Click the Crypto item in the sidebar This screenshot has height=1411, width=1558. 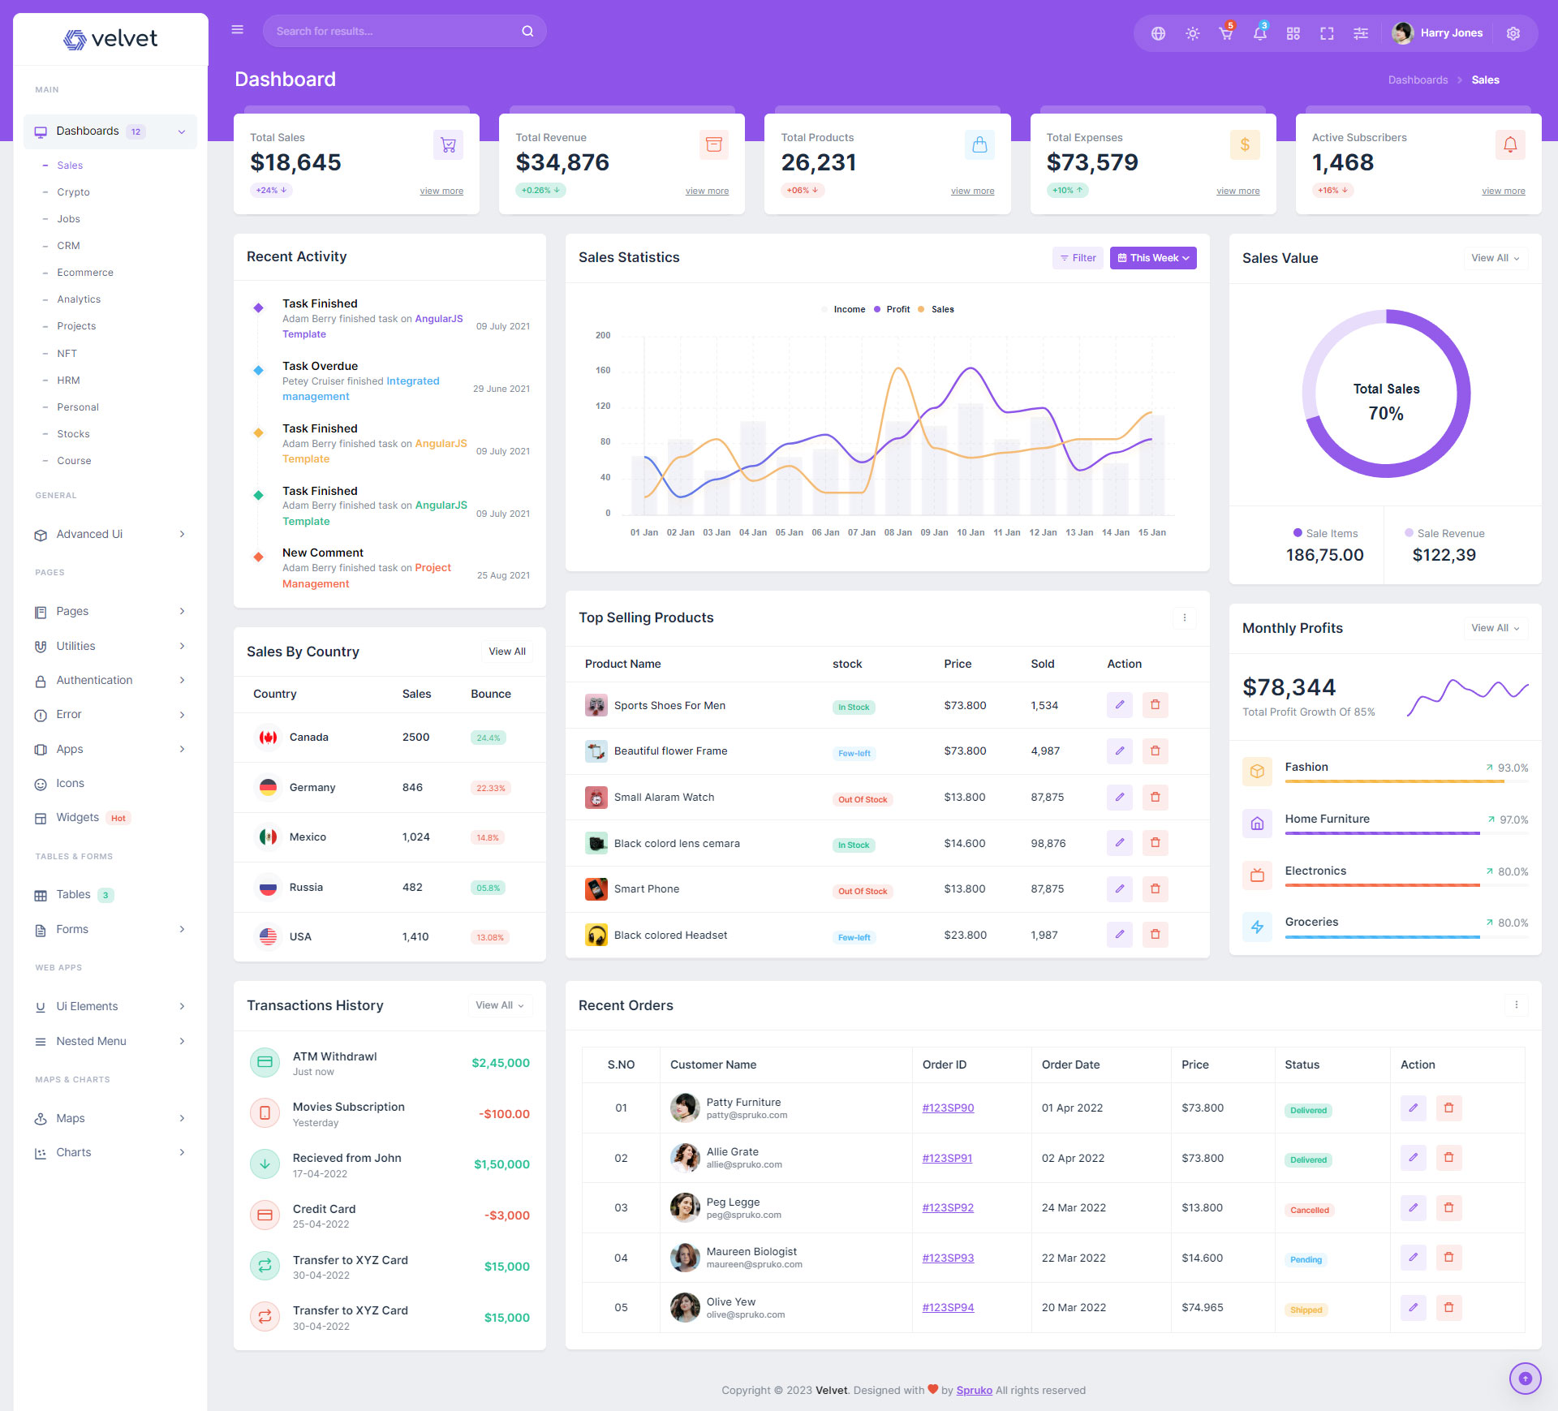point(73,192)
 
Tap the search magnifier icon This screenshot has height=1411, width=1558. point(527,32)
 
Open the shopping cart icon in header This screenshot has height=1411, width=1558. point(1225,33)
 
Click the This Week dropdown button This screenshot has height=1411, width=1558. point(1152,258)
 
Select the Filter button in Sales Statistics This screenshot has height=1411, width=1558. point(1078,258)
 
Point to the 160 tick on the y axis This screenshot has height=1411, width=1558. point(603,371)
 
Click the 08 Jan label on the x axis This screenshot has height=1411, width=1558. point(897,533)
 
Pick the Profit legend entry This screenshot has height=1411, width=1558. point(897,309)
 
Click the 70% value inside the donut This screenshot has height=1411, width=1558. point(1385,414)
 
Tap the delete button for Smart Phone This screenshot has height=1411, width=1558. point(1155,889)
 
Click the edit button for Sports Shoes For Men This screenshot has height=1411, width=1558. point(1119,705)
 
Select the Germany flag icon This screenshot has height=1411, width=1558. point(268,787)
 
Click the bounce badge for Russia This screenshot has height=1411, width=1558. point(488,888)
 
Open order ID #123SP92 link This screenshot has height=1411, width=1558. point(947,1207)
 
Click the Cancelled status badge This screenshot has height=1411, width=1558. point(1309,1210)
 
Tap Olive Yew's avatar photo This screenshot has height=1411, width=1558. point(685,1307)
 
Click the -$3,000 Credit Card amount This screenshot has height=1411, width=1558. point(506,1215)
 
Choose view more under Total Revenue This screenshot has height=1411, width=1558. point(706,191)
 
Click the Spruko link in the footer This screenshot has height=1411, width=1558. point(974,1390)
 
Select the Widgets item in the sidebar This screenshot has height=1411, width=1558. point(77,817)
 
